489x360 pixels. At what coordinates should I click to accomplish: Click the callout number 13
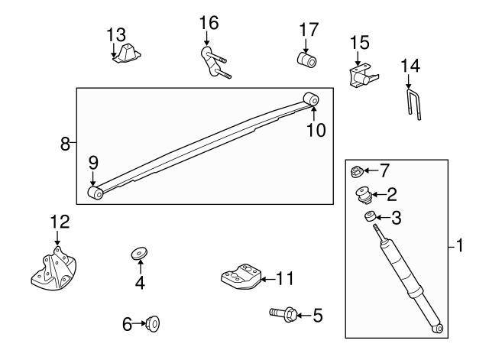(x=115, y=34)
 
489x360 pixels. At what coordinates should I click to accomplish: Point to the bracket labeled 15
(x=361, y=75)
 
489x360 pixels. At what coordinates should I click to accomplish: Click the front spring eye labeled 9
(x=96, y=193)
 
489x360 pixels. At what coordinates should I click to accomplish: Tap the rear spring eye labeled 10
(x=310, y=99)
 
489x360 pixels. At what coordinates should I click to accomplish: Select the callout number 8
(x=66, y=143)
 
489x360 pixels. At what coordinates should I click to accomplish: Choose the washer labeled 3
(x=370, y=218)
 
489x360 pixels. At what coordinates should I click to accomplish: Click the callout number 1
(x=459, y=245)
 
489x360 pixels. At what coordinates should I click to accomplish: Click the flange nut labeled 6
(x=153, y=324)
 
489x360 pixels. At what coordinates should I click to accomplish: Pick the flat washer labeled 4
(x=140, y=252)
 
